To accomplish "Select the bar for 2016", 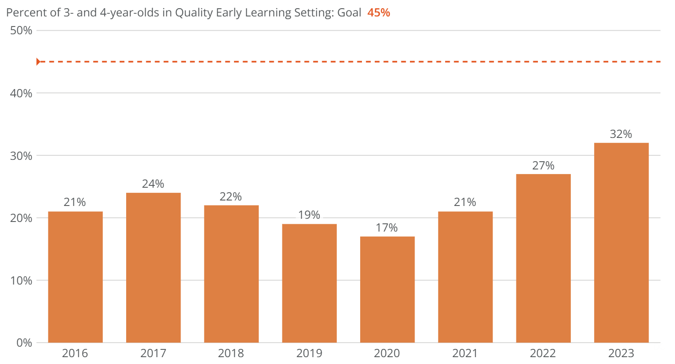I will [x=75, y=277].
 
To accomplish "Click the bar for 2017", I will [x=154, y=268].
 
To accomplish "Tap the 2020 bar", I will [x=388, y=290].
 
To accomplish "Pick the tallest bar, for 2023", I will [x=621, y=243].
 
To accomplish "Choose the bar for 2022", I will [x=543, y=258].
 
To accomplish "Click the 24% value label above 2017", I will [x=153, y=184].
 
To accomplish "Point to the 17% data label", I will [x=387, y=227].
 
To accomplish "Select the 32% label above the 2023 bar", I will [x=621, y=134].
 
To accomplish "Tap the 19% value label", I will [x=309, y=215].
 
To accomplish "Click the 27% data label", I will [x=543, y=165].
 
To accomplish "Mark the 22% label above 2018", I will [x=231, y=196].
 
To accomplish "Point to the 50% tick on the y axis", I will [x=21, y=31].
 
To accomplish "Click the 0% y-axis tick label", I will [x=24, y=343].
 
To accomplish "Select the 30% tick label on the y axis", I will [x=21, y=155].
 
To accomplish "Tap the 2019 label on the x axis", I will [x=309, y=353].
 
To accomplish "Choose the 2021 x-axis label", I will [x=465, y=353].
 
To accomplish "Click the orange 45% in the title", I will [x=379, y=12].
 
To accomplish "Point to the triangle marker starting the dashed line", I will [x=39, y=62].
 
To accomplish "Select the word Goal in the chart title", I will [x=351, y=12].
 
